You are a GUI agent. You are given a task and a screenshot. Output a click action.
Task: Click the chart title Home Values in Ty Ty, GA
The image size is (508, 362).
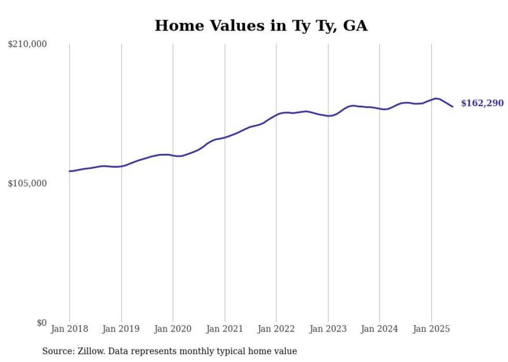(x=261, y=25)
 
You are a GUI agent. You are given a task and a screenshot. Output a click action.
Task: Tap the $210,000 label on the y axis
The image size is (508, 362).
(x=27, y=45)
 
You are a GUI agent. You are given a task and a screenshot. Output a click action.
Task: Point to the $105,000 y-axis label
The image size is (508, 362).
(x=27, y=183)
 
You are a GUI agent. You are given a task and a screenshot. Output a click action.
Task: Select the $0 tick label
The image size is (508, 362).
(x=41, y=323)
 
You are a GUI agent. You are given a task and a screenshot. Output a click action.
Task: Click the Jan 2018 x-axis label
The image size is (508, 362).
(x=69, y=329)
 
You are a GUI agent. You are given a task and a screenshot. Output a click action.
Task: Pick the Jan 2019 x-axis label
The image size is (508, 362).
(x=121, y=329)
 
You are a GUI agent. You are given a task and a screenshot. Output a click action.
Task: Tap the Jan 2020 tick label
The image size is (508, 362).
(x=173, y=329)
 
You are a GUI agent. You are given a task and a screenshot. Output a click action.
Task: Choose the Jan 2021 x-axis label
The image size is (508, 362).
(x=224, y=329)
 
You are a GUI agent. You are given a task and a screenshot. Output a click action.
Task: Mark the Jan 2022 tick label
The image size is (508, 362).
(x=276, y=329)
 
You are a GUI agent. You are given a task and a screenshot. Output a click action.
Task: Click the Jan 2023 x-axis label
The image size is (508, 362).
(x=328, y=329)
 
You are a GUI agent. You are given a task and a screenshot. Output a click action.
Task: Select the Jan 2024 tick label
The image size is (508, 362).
(x=379, y=329)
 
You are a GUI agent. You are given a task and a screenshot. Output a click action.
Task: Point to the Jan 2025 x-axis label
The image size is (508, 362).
(x=431, y=329)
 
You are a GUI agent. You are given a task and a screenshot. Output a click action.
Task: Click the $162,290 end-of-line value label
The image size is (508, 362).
(x=482, y=103)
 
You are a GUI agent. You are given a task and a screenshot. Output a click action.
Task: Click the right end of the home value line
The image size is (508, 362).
(x=453, y=107)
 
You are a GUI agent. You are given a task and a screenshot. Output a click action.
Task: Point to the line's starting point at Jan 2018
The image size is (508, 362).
(x=69, y=171)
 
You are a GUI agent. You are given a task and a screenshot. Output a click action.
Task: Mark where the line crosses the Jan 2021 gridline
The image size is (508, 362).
(x=224, y=137)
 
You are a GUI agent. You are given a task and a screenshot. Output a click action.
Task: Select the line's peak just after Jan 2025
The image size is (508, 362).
(x=436, y=98)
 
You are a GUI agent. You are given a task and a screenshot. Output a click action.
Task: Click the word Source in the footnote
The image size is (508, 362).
(x=58, y=351)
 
